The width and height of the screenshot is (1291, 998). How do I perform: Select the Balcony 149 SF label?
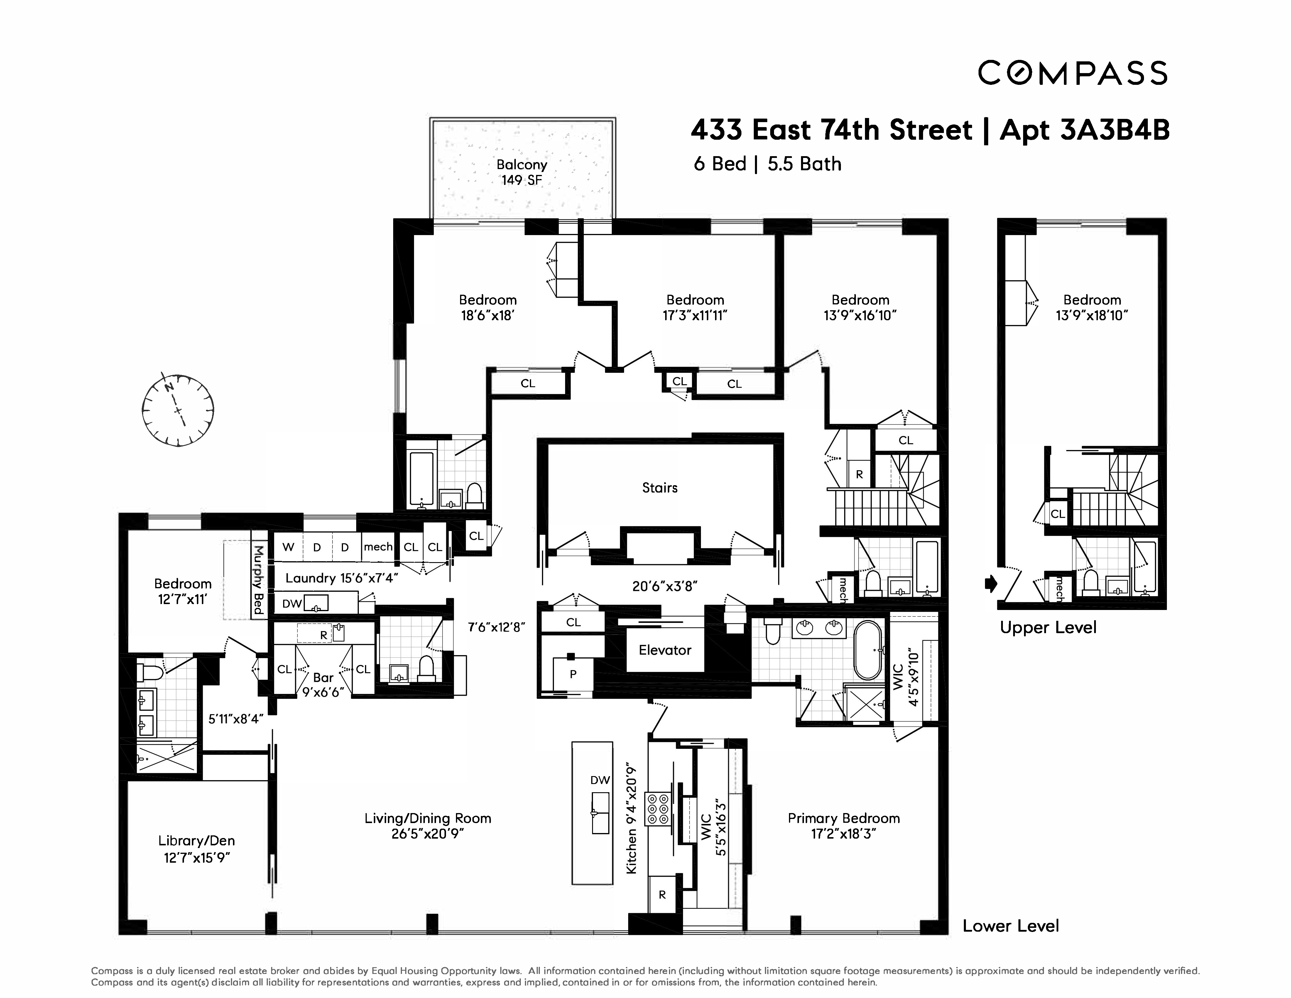point(521,172)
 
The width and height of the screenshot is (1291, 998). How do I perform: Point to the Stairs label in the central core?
point(660,488)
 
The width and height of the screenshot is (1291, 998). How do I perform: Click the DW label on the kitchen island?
point(600,780)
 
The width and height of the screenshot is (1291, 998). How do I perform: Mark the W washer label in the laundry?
point(288,547)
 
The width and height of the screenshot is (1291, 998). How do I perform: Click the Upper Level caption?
point(1047,627)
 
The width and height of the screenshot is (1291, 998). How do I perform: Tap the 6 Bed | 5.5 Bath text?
point(767,164)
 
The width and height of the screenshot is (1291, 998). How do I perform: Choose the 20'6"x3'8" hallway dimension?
point(664,586)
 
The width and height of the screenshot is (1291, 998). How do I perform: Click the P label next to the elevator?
point(573,674)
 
